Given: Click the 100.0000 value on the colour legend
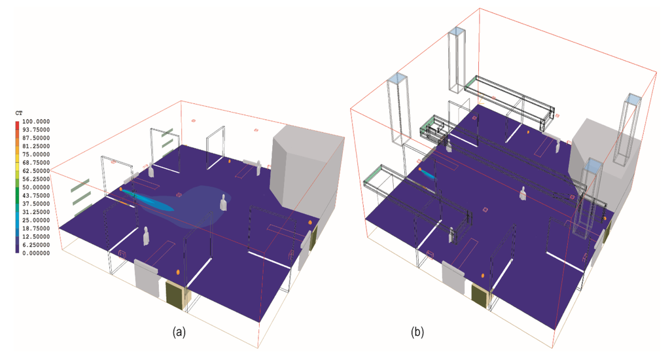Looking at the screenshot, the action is coord(36,122).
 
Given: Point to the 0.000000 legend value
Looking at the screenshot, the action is coord(36,253).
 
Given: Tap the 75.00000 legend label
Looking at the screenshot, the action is coord(36,154).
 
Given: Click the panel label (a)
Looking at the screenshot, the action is coord(178,333).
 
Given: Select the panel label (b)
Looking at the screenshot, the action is coord(417,333).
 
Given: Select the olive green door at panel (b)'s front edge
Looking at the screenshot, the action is coord(480,297).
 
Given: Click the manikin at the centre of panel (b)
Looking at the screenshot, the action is coord(523,193).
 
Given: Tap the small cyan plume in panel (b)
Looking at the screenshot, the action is coord(427,174).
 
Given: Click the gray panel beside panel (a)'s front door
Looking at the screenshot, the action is coord(147,278).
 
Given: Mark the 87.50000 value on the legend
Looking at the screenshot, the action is coord(36,138).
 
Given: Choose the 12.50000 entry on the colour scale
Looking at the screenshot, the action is coord(36,236).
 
